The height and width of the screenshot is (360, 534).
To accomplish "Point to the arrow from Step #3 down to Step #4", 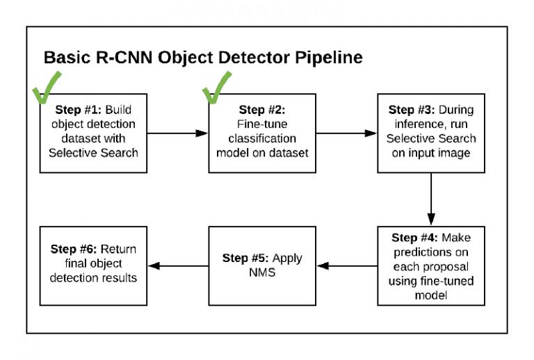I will pos(432,197).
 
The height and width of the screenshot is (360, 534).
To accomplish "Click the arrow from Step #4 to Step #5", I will pos(348,265).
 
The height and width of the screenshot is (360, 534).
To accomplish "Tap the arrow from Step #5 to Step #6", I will pos(179,265).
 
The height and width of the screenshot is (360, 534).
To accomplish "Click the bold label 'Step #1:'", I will pos(79,111).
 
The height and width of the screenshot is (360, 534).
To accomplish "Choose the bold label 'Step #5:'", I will pos(245,258).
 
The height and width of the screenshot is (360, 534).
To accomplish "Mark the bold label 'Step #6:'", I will pos(74,249).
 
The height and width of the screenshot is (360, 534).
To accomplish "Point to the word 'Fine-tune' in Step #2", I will pos(261,124).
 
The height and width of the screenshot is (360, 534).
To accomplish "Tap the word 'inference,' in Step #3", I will pos(413,124).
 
